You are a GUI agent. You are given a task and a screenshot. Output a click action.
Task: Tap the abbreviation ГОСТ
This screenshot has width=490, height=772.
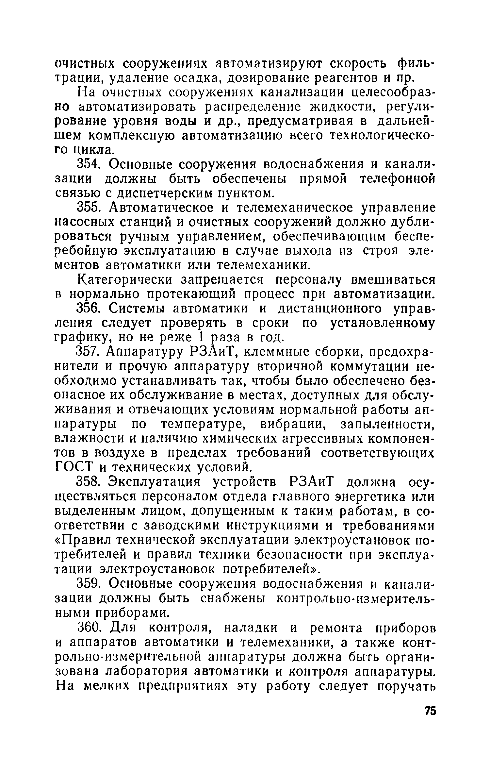[x=73, y=467]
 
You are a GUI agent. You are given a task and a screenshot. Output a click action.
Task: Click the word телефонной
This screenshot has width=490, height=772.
[x=398, y=179]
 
